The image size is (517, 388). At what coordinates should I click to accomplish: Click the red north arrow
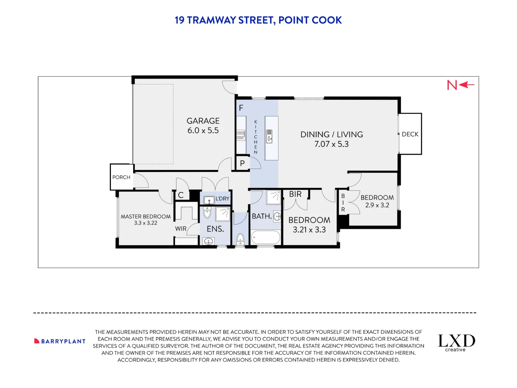(466, 85)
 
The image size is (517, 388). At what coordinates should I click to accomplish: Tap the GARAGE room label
(203, 121)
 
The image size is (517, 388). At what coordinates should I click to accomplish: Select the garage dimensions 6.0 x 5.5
(203, 130)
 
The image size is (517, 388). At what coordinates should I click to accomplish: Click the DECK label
(410, 134)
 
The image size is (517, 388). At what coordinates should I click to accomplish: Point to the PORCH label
(121, 177)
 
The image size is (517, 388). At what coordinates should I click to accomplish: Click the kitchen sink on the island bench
(269, 137)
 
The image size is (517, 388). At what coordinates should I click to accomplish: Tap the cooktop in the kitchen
(241, 135)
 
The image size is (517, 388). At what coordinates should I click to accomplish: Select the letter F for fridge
(241, 108)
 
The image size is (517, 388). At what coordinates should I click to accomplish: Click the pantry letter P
(242, 163)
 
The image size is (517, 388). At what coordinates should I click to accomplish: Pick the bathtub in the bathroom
(266, 237)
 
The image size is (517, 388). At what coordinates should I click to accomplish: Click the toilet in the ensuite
(207, 213)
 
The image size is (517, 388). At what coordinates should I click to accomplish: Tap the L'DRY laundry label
(222, 199)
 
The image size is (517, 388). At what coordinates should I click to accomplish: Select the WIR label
(181, 229)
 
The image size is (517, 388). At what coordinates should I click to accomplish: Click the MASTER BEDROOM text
(145, 217)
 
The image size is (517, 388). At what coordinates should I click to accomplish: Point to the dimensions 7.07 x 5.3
(331, 144)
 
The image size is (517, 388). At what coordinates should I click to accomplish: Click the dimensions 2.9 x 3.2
(377, 205)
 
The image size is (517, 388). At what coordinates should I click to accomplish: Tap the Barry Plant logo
(60, 341)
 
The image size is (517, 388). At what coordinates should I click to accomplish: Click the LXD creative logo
(456, 342)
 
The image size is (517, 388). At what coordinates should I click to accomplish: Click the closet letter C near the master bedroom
(181, 195)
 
